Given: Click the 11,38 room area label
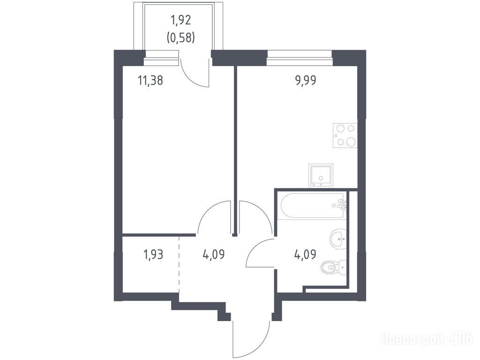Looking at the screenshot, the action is pyautogui.click(x=150, y=81).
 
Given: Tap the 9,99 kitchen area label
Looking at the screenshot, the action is pyautogui.click(x=305, y=81).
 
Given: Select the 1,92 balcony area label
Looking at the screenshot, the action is pyautogui.click(x=180, y=20).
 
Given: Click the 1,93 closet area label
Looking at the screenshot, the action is pyautogui.click(x=153, y=255).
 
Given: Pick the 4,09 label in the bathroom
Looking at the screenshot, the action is pyautogui.click(x=305, y=255).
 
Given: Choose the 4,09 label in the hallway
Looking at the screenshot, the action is pyautogui.click(x=214, y=255).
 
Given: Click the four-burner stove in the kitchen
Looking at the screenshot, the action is pyautogui.click(x=345, y=135).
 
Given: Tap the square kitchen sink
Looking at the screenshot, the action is pyautogui.click(x=321, y=175).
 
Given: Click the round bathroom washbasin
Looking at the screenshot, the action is pyautogui.click(x=337, y=239).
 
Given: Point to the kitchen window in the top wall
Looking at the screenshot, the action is pyautogui.click(x=300, y=58).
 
